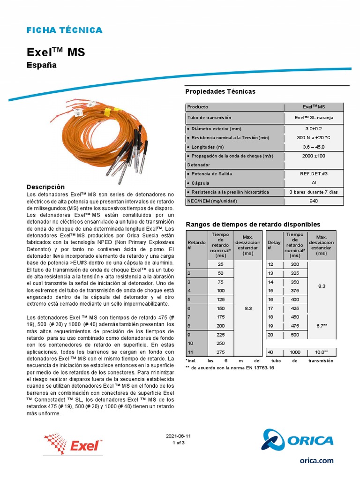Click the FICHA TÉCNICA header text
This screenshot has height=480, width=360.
click(64, 30)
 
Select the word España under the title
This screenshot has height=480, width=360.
click(41, 65)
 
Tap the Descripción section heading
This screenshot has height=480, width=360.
click(45, 187)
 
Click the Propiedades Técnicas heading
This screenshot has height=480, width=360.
click(220, 91)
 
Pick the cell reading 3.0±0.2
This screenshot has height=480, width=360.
click(314, 129)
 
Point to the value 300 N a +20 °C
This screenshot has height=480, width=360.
click(314, 138)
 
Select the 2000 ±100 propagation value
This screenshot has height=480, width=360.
click(314, 156)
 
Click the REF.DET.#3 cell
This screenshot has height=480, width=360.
click(314, 174)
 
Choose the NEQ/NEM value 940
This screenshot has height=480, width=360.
click(314, 201)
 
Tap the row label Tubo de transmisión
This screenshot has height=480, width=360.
click(209, 118)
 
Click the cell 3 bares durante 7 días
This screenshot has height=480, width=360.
click(314, 192)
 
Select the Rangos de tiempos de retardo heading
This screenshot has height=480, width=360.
click(253, 225)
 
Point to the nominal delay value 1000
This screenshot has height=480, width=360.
click(294, 352)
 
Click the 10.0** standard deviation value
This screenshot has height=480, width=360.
click(321, 352)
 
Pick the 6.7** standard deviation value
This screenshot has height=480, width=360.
click(321, 325)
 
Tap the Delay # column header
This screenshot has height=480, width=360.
click(274, 245)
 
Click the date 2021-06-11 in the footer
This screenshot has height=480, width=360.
click(179, 436)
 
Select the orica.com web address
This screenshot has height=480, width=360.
click(316, 460)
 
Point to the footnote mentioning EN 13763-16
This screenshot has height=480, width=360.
click(230, 368)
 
